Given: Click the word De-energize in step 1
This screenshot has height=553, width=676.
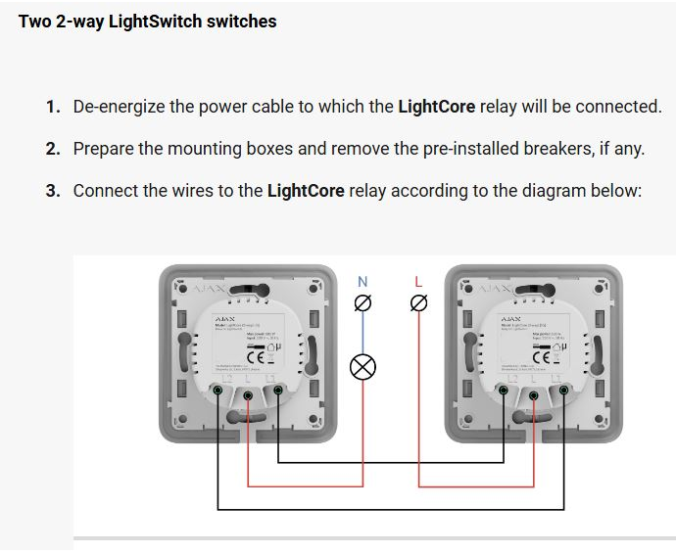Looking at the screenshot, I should (x=119, y=106).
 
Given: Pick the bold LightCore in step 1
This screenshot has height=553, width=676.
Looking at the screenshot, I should (x=437, y=106).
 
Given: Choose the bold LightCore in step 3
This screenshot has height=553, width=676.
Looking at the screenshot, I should (x=306, y=190).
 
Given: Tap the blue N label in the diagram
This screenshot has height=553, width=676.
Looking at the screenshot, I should (x=362, y=282).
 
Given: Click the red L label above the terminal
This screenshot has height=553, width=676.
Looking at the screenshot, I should (x=418, y=282).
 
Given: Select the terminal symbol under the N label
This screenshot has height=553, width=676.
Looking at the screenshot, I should (x=362, y=304).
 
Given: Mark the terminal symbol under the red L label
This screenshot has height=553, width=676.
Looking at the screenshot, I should (x=418, y=304).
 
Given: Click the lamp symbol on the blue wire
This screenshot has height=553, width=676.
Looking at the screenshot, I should (x=363, y=367).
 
